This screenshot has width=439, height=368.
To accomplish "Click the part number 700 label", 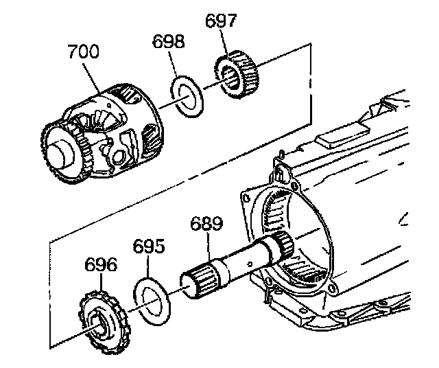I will click(83, 52).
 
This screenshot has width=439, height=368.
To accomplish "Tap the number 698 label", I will click(169, 41).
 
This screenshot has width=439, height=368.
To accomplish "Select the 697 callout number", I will click(221, 21).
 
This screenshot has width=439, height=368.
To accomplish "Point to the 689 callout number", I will click(206, 223).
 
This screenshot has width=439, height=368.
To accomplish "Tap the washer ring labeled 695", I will click(152, 299).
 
